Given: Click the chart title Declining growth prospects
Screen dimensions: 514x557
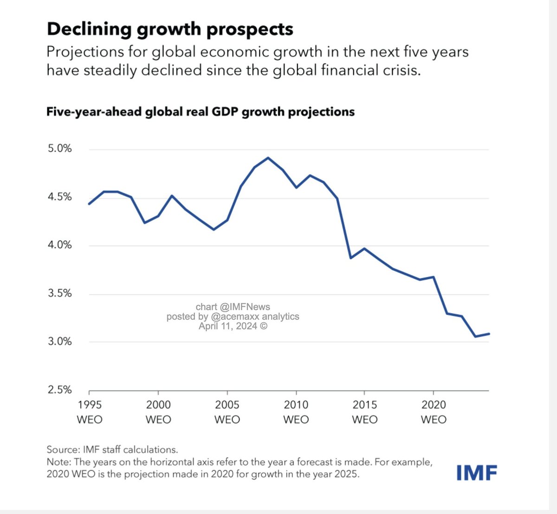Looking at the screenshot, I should (170, 29).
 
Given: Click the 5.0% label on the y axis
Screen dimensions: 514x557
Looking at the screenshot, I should (60, 148).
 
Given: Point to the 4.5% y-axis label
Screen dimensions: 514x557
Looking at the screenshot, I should (60, 197).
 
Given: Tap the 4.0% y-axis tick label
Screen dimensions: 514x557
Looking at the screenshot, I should (60, 245).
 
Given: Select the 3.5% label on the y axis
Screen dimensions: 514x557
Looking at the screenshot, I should (60, 293).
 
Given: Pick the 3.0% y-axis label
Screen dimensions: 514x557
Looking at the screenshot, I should (60, 341).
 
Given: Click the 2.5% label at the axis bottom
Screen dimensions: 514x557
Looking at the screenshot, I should (60, 390).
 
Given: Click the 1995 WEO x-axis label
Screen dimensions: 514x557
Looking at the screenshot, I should (89, 412).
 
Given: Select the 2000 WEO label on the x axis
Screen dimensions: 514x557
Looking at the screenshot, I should (158, 412).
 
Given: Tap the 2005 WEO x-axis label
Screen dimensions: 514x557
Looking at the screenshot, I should (227, 412).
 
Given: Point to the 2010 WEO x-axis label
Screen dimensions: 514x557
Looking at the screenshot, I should (296, 412).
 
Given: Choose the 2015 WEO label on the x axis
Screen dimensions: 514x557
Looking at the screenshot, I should (364, 412).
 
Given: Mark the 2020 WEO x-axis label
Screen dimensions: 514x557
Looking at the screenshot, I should (434, 412).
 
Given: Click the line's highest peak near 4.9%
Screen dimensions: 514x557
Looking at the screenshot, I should (268, 158).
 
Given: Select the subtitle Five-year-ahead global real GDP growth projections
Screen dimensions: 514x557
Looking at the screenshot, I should (200, 112).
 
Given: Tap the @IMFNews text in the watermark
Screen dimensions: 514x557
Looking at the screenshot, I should (245, 307).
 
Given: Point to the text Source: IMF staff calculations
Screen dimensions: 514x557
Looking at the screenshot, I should (112, 450).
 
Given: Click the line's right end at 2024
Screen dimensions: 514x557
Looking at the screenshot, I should (489, 334).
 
